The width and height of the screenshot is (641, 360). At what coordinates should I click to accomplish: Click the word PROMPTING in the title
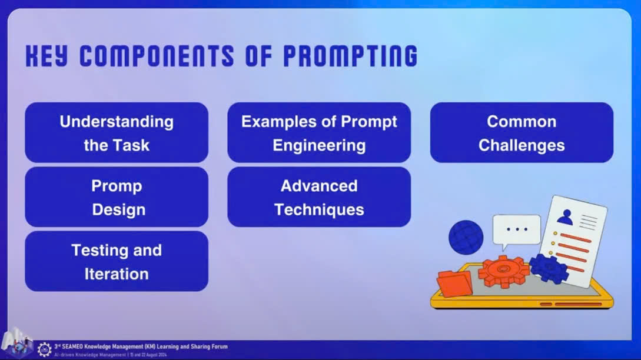pyautogui.click(x=350, y=56)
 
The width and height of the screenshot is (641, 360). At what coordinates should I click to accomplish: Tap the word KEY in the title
pyautogui.click(x=46, y=56)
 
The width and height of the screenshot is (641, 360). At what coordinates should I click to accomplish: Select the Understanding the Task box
pyautogui.click(x=117, y=132)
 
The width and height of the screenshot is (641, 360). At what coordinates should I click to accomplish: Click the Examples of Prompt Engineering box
pyautogui.click(x=319, y=132)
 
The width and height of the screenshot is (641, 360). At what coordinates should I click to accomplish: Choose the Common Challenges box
pyautogui.click(x=522, y=132)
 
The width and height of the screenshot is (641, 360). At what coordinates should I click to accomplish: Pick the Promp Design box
pyautogui.click(x=117, y=197)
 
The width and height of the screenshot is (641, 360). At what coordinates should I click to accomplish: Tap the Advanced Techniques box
pyautogui.click(x=319, y=197)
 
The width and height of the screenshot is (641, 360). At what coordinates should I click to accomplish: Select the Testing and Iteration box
pyautogui.click(x=117, y=261)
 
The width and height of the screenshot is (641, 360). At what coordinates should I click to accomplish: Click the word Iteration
pyautogui.click(x=117, y=274)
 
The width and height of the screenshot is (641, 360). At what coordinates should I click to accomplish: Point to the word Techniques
pyautogui.click(x=319, y=209)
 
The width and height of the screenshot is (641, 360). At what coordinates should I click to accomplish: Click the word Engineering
pyautogui.click(x=319, y=146)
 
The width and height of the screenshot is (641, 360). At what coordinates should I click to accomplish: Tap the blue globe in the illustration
pyautogui.click(x=466, y=238)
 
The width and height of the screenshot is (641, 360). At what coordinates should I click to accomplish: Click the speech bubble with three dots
pyautogui.click(x=517, y=230)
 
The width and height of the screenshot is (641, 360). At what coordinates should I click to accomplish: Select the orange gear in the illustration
pyautogui.click(x=504, y=271)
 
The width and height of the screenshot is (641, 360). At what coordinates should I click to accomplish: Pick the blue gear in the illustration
pyautogui.click(x=549, y=268)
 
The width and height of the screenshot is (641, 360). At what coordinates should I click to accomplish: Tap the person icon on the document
pyautogui.click(x=566, y=217)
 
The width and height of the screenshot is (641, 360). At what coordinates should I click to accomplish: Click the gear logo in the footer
pyautogui.click(x=44, y=349)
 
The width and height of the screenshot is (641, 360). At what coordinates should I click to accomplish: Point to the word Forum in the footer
pyautogui.click(x=219, y=346)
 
